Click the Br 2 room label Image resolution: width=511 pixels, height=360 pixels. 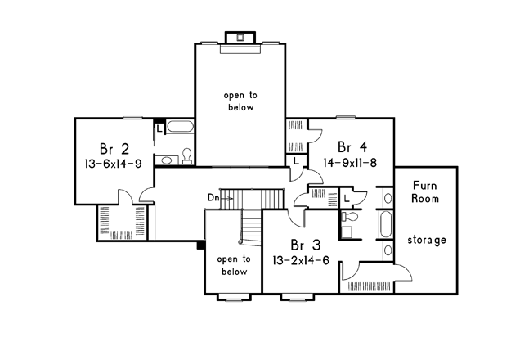[x=114, y=149]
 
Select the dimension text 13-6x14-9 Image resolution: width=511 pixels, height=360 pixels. [x=113, y=164]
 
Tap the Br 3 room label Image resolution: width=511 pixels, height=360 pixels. [x=305, y=245]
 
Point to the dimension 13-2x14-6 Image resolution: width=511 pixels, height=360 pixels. [x=301, y=260]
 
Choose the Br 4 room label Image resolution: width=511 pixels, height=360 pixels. [x=352, y=147]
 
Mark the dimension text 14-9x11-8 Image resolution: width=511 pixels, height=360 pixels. [x=350, y=162]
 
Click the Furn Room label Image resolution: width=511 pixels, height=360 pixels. [x=425, y=191]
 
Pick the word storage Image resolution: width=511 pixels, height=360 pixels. [x=427, y=240]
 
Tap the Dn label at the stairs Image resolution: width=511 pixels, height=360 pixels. [x=213, y=198]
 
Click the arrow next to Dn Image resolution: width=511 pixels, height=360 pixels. [x=227, y=198]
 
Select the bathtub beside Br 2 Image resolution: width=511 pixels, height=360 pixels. [x=180, y=127]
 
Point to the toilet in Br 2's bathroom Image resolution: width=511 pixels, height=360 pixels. [x=187, y=156]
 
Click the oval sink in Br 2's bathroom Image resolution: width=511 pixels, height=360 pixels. [x=167, y=160]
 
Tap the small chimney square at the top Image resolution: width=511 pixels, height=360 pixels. [x=240, y=38]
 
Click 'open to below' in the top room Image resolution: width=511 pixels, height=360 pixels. [x=240, y=101]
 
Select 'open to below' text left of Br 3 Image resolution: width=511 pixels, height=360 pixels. [x=234, y=265]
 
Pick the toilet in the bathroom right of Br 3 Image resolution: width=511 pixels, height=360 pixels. [x=350, y=216]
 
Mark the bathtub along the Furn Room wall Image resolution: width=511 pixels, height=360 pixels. [x=386, y=224]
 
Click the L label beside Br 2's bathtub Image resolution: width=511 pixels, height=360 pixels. [x=159, y=128]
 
